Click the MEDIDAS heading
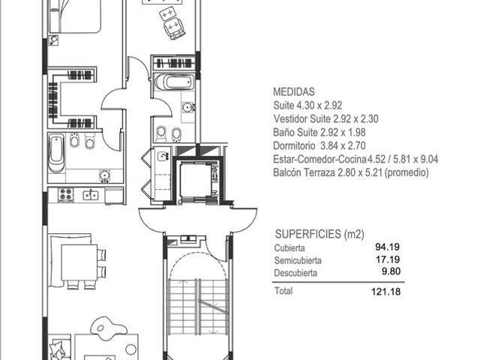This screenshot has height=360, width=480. [293, 91]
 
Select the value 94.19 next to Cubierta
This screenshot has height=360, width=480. [388, 247]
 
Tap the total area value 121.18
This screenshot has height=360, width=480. [386, 291]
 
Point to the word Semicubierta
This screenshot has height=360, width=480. [293, 260]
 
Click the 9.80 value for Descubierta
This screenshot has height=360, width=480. [391, 271]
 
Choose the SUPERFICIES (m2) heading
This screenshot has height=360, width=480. [319, 234]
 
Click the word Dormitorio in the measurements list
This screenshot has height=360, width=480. [294, 145]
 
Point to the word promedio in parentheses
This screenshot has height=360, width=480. [406, 173]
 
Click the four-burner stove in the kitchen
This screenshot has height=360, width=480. [66, 195]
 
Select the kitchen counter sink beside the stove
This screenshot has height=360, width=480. [90, 195]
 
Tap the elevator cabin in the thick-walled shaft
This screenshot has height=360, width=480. [195, 181]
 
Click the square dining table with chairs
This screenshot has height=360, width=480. [79, 262]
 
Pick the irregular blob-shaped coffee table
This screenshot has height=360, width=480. [108, 326]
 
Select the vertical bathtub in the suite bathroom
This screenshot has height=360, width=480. [57, 154]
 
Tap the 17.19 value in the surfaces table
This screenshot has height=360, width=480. [388, 259]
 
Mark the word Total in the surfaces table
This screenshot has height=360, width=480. [283, 290]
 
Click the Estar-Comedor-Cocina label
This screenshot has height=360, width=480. [320, 159]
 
